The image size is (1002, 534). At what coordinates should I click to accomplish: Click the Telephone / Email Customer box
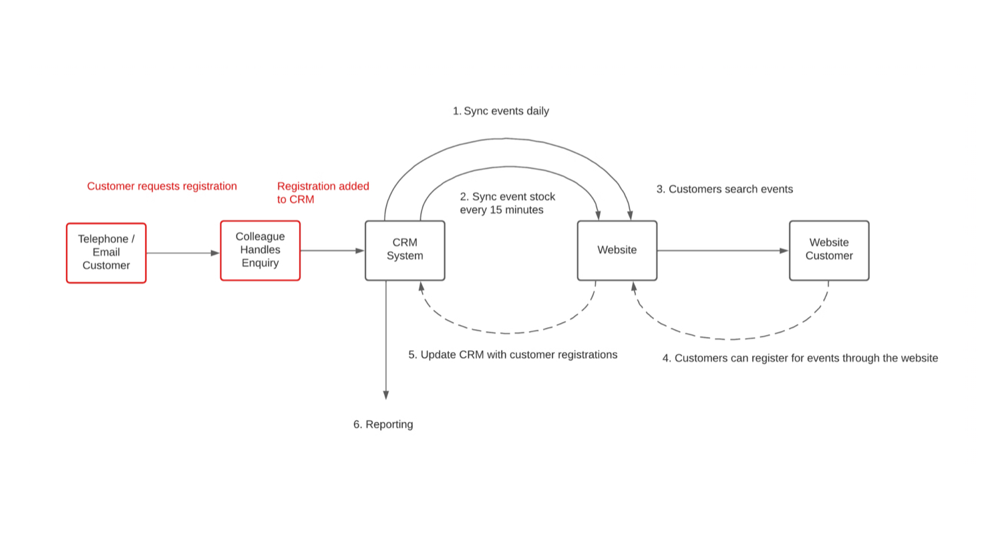(x=106, y=253)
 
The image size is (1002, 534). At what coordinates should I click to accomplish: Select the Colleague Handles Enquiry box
(x=261, y=250)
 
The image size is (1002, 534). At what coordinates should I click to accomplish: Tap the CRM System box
(x=405, y=250)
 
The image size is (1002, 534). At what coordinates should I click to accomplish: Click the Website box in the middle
(x=617, y=250)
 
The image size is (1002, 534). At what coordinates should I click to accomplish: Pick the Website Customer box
(x=829, y=250)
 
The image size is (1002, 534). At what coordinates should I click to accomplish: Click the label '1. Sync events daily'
(x=501, y=111)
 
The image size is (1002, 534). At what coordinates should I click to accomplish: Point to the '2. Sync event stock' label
(x=508, y=197)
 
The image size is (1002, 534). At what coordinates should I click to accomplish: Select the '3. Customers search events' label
(x=725, y=190)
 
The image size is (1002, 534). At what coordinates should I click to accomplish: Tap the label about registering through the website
(x=800, y=358)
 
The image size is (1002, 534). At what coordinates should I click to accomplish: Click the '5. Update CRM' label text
(x=513, y=355)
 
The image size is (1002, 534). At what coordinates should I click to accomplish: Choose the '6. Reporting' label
(x=383, y=425)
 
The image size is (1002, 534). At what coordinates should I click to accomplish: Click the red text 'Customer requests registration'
(x=162, y=186)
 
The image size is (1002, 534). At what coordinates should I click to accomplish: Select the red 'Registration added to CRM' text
(x=323, y=193)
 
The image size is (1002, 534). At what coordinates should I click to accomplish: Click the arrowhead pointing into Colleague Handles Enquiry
(x=215, y=253)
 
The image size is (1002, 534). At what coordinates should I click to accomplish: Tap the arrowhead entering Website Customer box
(x=784, y=251)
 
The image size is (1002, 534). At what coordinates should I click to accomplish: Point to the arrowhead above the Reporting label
(x=386, y=395)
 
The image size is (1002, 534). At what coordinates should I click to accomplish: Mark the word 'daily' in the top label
(x=536, y=111)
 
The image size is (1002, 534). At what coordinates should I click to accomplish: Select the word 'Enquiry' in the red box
(x=261, y=263)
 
